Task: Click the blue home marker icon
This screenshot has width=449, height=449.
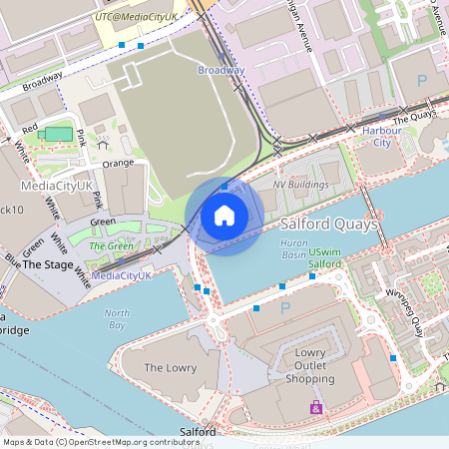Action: pos(224,216)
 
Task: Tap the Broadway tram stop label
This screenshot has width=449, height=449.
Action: pos(221,70)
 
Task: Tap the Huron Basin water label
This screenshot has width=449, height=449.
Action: pos(293,253)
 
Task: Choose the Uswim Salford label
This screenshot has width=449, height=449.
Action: pos(325,257)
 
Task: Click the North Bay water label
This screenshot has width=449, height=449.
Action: pos(117,318)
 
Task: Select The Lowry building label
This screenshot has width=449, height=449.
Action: pos(170,368)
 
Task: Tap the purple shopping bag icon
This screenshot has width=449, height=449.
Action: pos(316,408)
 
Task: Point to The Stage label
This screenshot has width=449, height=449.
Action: pos(47,265)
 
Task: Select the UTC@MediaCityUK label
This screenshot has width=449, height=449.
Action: pos(136,17)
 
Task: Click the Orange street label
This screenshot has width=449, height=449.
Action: pos(117,163)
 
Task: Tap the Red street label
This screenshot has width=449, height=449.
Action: pos(29,129)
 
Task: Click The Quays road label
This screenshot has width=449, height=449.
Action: pos(415,120)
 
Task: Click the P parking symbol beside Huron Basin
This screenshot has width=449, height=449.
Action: pos(284,308)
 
